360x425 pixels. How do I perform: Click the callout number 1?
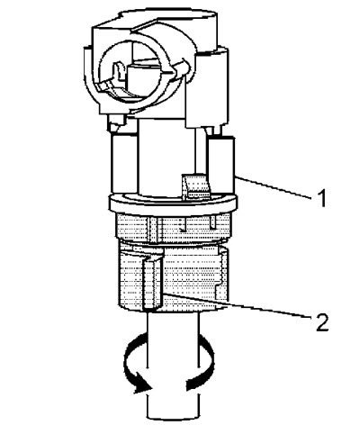click(321, 198)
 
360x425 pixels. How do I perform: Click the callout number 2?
click(322, 322)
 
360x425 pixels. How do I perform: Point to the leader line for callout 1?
click(273, 187)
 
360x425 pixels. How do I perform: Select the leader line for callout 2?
click(236, 304)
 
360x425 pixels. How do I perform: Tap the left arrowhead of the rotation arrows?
click(142, 385)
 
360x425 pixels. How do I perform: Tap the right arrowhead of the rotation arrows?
click(193, 384)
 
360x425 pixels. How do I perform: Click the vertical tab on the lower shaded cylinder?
click(153, 284)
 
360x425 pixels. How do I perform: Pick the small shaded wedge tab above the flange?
click(195, 186)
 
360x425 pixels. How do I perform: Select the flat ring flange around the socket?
click(174, 204)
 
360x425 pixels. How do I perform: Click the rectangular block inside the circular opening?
click(140, 78)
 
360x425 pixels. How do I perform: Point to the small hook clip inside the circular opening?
click(118, 71)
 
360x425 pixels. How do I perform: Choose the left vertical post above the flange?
click(124, 164)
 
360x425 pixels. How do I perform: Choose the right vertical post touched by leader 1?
click(220, 165)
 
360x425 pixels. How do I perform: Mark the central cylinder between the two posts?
click(166, 158)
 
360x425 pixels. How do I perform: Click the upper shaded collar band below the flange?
click(174, 228)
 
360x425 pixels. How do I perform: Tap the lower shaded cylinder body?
click(174, 277)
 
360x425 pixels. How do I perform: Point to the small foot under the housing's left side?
click(115, 123)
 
